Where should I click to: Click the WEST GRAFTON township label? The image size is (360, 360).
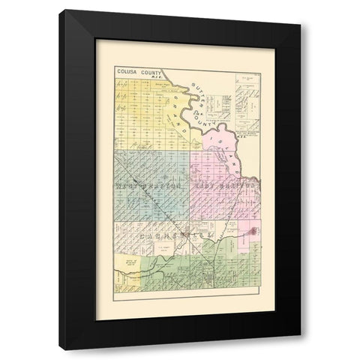[148, 184]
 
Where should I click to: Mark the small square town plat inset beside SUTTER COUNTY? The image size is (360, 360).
[222, 105]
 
